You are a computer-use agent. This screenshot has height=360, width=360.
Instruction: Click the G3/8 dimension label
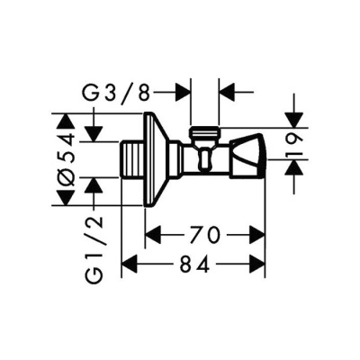click(129, 92)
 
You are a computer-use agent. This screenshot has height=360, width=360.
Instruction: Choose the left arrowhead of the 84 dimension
click(128, 265)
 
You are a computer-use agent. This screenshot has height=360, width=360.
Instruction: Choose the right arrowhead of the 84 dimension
click(260, 265)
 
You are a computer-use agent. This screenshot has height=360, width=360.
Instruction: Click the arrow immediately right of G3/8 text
click(184, 92)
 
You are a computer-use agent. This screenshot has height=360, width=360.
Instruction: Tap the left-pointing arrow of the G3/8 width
click(226, 92)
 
